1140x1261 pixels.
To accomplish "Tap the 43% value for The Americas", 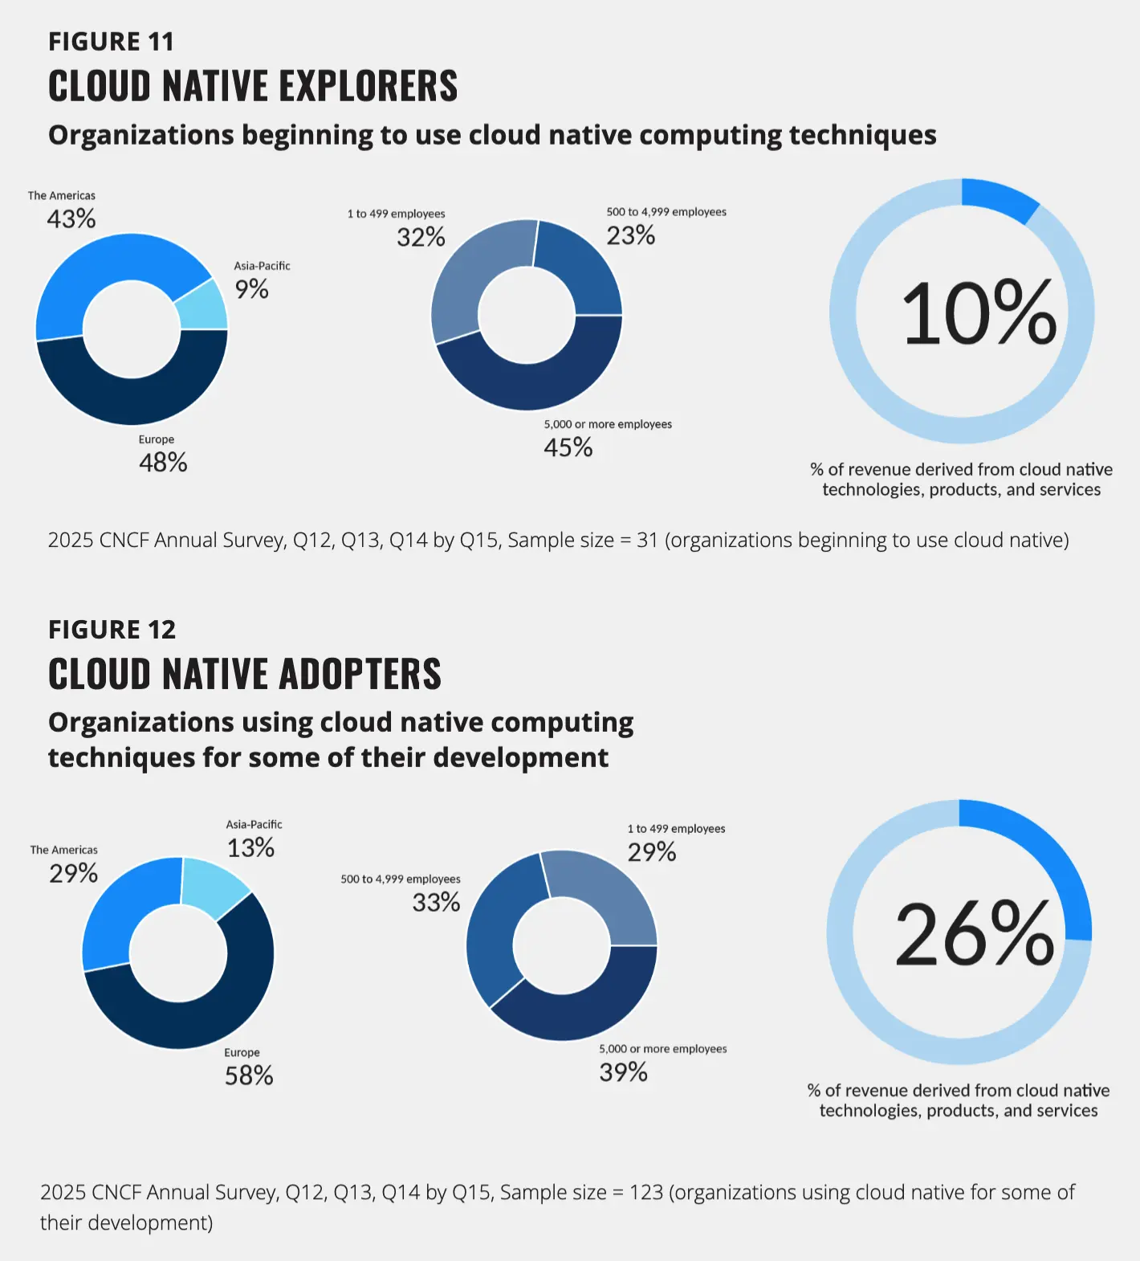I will coord(71,218).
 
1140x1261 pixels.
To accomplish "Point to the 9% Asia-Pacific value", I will coord(251,289).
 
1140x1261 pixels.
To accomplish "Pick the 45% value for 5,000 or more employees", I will coord(568,447).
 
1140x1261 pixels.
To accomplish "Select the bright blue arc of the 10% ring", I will coord(999,198).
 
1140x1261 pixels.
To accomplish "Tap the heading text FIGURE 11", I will coord(111,42).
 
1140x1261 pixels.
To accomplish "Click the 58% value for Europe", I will coord(249,1075).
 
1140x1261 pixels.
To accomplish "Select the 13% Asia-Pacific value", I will coord(250,848).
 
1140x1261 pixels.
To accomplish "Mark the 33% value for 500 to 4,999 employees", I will coord(436,903).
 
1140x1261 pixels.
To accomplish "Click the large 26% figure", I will coord(975,934).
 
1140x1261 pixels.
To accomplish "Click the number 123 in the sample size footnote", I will coord(646,1193).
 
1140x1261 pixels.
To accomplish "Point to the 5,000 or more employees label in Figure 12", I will coord(662,1049).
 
